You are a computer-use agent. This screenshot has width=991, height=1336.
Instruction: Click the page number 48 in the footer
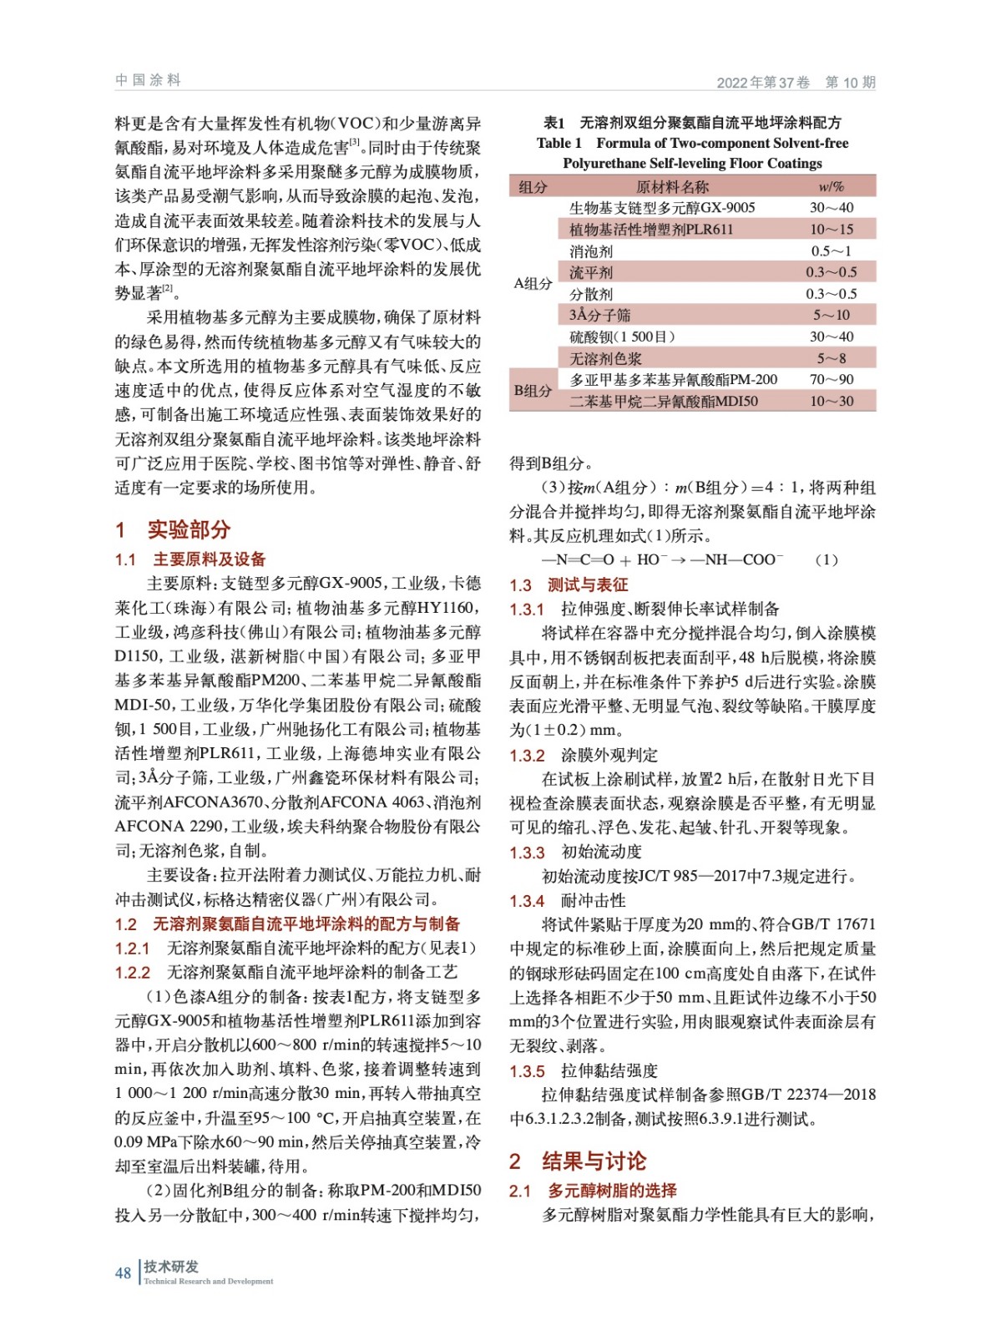click(123, 1273)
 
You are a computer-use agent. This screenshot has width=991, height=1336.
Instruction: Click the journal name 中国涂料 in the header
click(148, 80)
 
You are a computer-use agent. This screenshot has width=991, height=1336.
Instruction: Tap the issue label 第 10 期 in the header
click(850, 82)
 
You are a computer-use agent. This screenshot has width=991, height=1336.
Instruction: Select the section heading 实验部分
click(189, 529)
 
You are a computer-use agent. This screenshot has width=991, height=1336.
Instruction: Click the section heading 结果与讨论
click(594, 1161)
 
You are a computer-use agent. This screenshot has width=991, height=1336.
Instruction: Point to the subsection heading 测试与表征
click(588, 584)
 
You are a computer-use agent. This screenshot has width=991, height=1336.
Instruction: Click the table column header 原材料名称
click(672, 186)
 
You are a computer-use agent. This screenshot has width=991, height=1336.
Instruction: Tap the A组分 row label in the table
click(533, 283)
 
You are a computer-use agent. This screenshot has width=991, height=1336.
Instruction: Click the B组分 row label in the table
click(533, 390)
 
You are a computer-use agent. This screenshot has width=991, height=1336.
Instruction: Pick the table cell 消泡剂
click(591, 250)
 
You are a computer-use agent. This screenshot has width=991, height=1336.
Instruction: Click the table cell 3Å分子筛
click(599, 315)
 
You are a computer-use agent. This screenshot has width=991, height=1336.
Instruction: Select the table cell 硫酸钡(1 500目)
click(622, 337)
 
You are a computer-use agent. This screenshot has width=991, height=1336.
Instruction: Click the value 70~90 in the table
click(832, 379)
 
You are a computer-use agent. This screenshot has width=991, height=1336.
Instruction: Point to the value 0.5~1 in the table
click(831, 250)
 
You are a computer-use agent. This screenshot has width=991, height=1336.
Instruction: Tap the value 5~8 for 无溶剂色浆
click(831, 358)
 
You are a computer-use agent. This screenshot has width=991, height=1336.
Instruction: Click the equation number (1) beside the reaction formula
click(826, 559)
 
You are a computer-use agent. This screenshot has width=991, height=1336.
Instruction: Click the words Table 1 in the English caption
click(559, 143)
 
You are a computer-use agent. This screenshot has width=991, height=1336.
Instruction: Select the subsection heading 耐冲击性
click(593, 900)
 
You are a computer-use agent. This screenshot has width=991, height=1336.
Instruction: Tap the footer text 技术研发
click(171, 1266)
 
